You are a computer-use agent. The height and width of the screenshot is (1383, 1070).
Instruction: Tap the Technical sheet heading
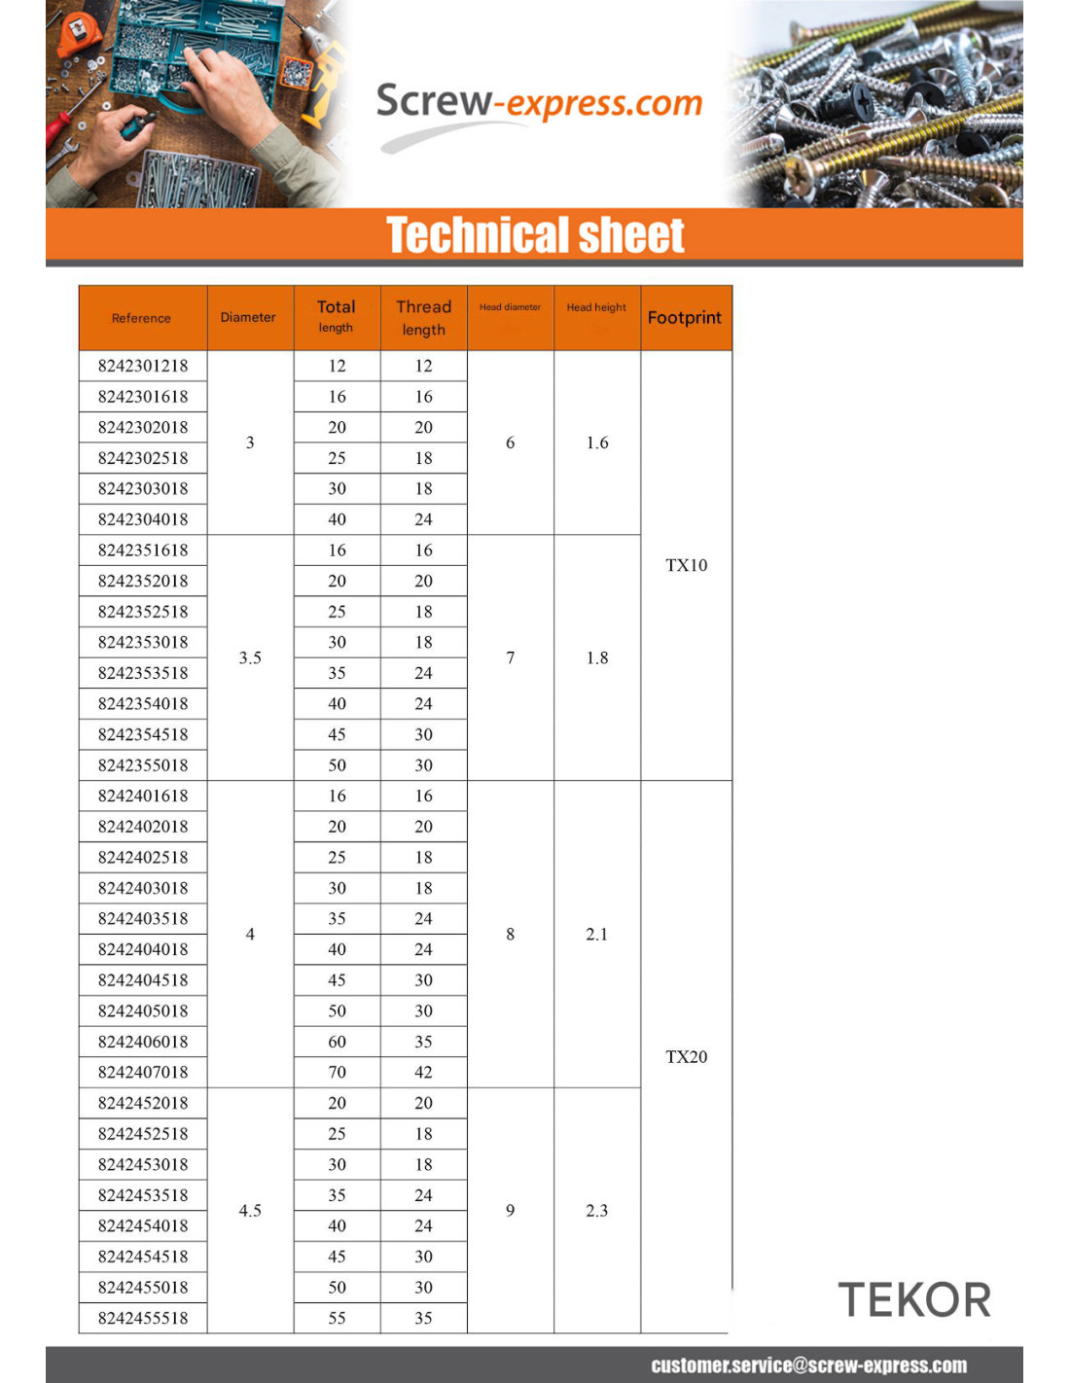[535, 235]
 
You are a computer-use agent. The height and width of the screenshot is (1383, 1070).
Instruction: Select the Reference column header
[142, 318]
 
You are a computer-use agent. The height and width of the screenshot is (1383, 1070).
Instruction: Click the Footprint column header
[685, 318]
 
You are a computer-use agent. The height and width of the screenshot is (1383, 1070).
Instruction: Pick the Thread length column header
[423, 318]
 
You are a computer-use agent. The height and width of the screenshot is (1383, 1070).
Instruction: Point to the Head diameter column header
[510, 307]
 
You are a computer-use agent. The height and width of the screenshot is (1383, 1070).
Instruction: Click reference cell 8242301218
[143, 366]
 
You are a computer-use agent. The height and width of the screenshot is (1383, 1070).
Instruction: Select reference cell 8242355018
[143, 765]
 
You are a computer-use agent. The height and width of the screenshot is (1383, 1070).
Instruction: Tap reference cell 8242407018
[143, 1073]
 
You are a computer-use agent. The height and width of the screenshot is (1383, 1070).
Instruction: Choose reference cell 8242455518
[143, 1319]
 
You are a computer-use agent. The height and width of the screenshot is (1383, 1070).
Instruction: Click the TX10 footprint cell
[686, 565]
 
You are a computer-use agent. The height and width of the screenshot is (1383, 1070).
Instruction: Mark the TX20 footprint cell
[686, 1057]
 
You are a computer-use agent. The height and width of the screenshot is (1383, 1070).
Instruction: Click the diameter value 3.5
[250, 658]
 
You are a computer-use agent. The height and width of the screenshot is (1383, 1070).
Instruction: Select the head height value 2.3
[596, 1211]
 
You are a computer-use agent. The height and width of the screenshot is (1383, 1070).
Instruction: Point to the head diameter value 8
[510, 935]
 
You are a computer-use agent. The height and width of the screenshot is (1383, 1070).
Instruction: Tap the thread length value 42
[423, 1073]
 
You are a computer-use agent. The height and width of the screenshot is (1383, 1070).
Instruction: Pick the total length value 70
[337, 1073]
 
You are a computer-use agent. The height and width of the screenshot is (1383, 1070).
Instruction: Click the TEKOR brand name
[914, 1300]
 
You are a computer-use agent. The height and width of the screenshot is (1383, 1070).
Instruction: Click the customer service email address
[808, 1365]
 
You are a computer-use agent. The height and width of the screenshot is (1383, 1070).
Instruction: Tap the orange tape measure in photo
[78, 34]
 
